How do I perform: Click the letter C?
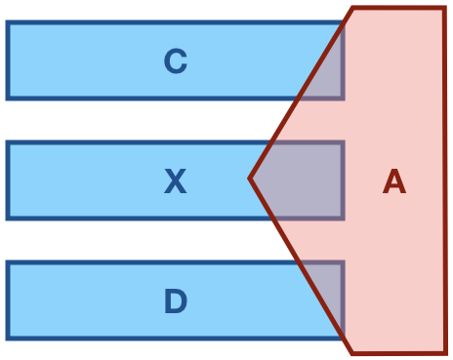point(175,61)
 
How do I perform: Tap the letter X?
point(175,181)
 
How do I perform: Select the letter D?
point(175,301)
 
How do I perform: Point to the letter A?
point(393,181)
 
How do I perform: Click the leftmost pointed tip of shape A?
point(251,179)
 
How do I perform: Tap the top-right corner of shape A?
point(444,9)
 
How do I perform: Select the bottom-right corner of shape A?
point(444,352)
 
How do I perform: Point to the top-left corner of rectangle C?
point(8,23)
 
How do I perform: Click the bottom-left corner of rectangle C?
point(8,98)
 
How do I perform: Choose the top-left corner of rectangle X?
point(8,143)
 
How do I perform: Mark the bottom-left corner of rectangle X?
point(8,218)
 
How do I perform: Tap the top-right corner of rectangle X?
point(343,143)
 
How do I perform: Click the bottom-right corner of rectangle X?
point(343,218)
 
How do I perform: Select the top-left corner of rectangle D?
point(8,263)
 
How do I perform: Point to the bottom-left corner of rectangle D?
point(8,338)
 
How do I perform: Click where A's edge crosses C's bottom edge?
point(299,98)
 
